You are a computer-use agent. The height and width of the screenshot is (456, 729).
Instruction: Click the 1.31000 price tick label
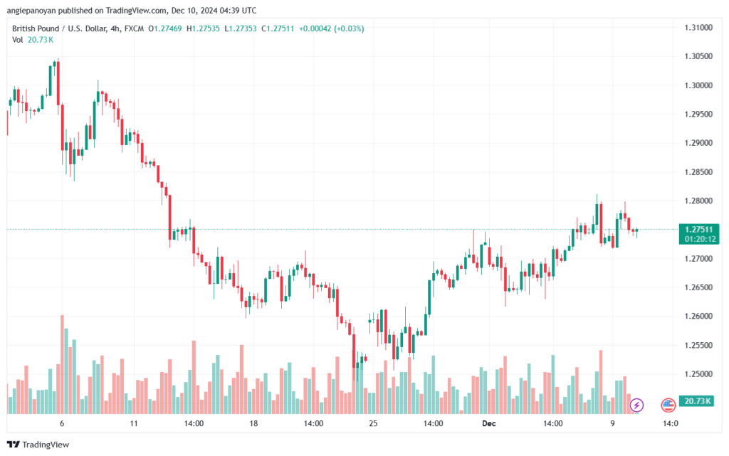tap(698, 28)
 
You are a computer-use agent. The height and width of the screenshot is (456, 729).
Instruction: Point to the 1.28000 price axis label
tap(698, 201)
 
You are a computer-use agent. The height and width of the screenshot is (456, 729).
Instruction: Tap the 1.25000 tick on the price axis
tap(698, 374)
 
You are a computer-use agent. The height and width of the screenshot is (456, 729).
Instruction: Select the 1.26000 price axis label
tap(698, 317)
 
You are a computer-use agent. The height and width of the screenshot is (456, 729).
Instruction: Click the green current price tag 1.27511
tap(699, 229)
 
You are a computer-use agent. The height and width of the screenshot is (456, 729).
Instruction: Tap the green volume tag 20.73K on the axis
tap(698, 401)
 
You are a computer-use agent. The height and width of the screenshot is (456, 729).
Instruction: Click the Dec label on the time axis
tap(488, 423)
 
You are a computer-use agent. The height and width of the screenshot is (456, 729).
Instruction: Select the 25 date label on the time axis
tap(373, 423)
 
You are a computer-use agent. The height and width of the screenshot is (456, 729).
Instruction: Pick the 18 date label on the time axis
tap(253, 423)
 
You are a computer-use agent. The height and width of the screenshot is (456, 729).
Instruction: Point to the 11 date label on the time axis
tap(134, 423)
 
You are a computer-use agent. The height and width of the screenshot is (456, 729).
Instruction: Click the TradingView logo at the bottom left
tap(38, 445)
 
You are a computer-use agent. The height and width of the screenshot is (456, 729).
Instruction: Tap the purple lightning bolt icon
tap(636, 405)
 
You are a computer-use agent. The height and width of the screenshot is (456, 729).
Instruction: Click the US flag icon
tap(668, 405)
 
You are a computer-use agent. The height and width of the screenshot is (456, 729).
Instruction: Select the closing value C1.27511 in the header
tap(278, 28)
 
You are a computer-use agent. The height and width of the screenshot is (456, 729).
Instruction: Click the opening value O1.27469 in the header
tap(165, 28)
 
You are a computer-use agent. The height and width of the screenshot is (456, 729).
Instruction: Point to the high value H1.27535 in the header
tap(203, 28)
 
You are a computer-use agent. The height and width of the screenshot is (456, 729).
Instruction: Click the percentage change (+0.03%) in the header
tap(349, 28)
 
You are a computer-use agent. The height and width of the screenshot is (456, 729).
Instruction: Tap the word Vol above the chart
tap(18, 40)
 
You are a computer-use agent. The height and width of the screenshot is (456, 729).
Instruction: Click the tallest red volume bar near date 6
tap(63, 364)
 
